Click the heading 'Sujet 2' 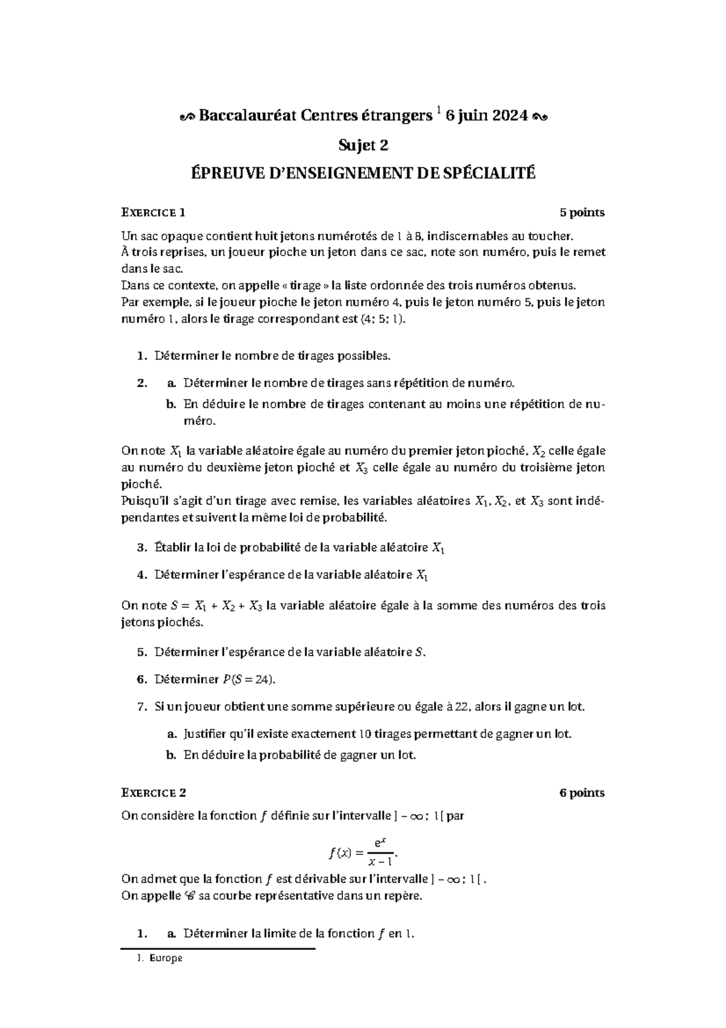[x=362, y=145]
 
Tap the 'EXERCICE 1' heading [x=153, y=213]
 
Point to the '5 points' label [x=581, y=213]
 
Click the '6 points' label [x=581, y=793]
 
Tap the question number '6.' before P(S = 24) [x=142, y=679]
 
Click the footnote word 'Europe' [x=165, y=959]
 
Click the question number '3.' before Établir [x=142, y=548]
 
